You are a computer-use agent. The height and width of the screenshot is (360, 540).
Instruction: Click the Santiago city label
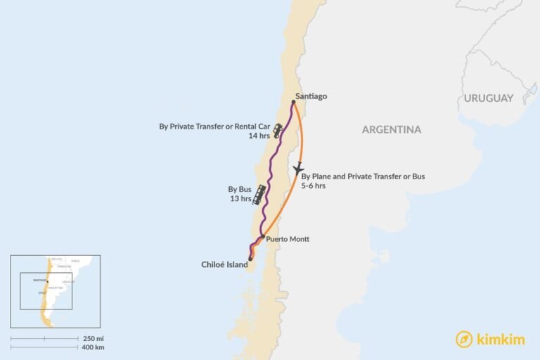pyautogui.click(x=311, y=96)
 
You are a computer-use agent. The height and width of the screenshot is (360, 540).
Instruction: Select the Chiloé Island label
pyautogui.click(x=225, y=265)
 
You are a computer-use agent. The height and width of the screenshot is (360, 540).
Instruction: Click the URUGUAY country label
pyautogui.click(x=488, y=98)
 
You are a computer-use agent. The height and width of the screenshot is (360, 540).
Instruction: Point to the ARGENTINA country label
pyautogui.click(x=392, y=129)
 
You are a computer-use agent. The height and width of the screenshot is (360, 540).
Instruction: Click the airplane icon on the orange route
pyautogui.click(x=299, y=169)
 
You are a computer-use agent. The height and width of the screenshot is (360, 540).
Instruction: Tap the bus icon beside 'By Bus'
pyautogui.click(x=260, y=193)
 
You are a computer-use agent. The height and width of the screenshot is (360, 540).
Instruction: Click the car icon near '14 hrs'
pyautogui.click(x=278, y=131)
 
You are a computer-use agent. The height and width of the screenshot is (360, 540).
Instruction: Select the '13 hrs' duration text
pyautogui.click(x=240, y=199)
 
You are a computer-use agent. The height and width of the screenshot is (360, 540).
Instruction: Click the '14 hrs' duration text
pyautogui.click(x=259, y=136)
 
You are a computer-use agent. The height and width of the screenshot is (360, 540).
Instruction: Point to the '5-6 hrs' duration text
pyautogui.click(x=313, y=186)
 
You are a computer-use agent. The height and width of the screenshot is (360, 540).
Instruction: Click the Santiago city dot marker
pyautogui.click(x=293, y=102)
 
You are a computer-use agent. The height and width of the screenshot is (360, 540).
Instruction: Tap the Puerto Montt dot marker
pyautogui.click(x=262, y=237)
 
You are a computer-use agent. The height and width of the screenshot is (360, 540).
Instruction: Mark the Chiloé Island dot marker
pyautogui.click(x=250, y=259)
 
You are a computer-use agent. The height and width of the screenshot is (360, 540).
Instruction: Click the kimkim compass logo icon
pyautogui.click(x=463, y=339)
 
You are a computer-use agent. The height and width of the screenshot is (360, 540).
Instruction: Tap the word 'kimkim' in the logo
pyautogui.click(x=499, y=339)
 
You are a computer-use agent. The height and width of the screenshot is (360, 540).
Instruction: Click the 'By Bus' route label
pyautogui.click(x=240, y=189)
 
